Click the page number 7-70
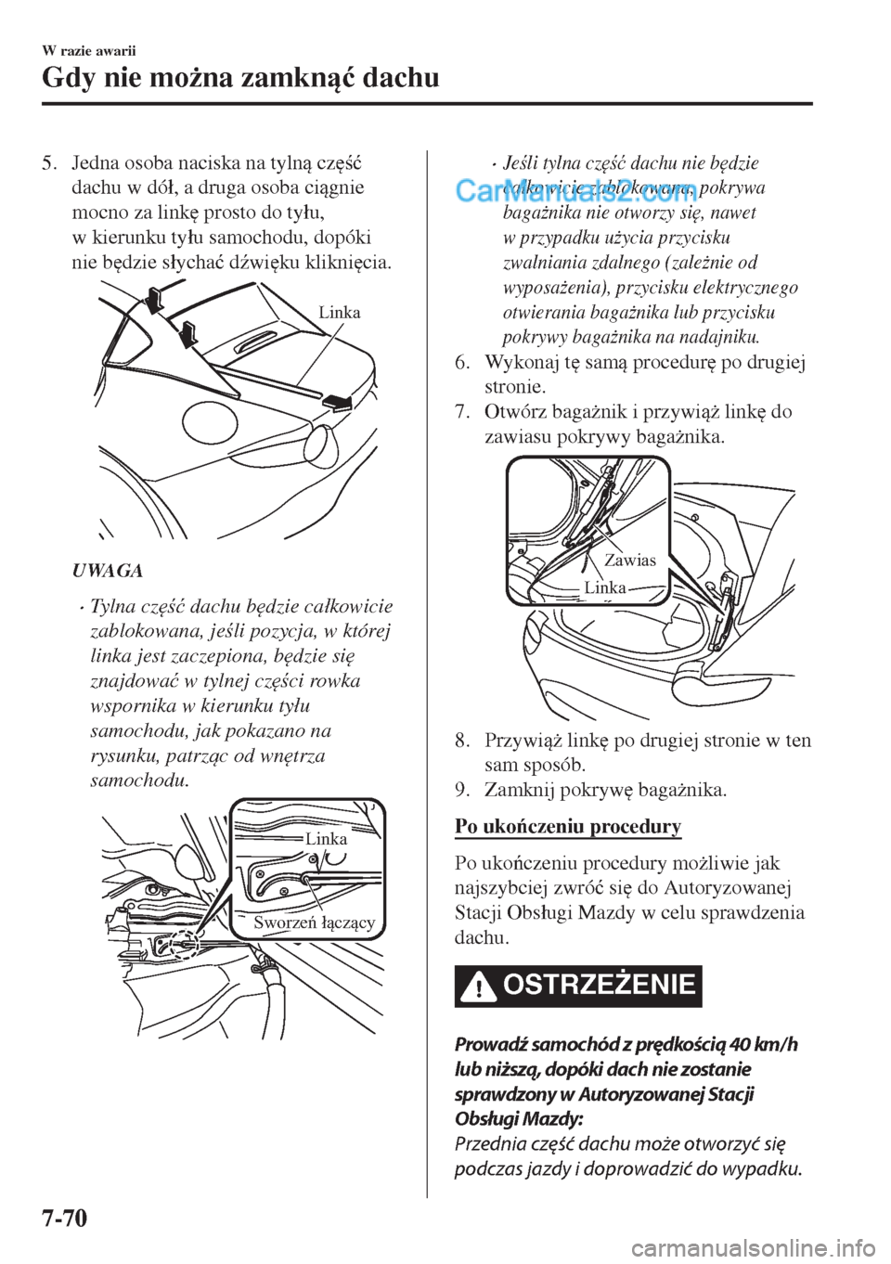[x=65, y=1234]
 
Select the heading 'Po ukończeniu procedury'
[x=568, y=826]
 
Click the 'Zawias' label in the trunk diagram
[x=630, y=560]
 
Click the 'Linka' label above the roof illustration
[x=339, y=312]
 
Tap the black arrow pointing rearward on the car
[x=337, y=402]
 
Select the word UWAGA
[x=108, y=571]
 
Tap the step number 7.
[x=461, y=411]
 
